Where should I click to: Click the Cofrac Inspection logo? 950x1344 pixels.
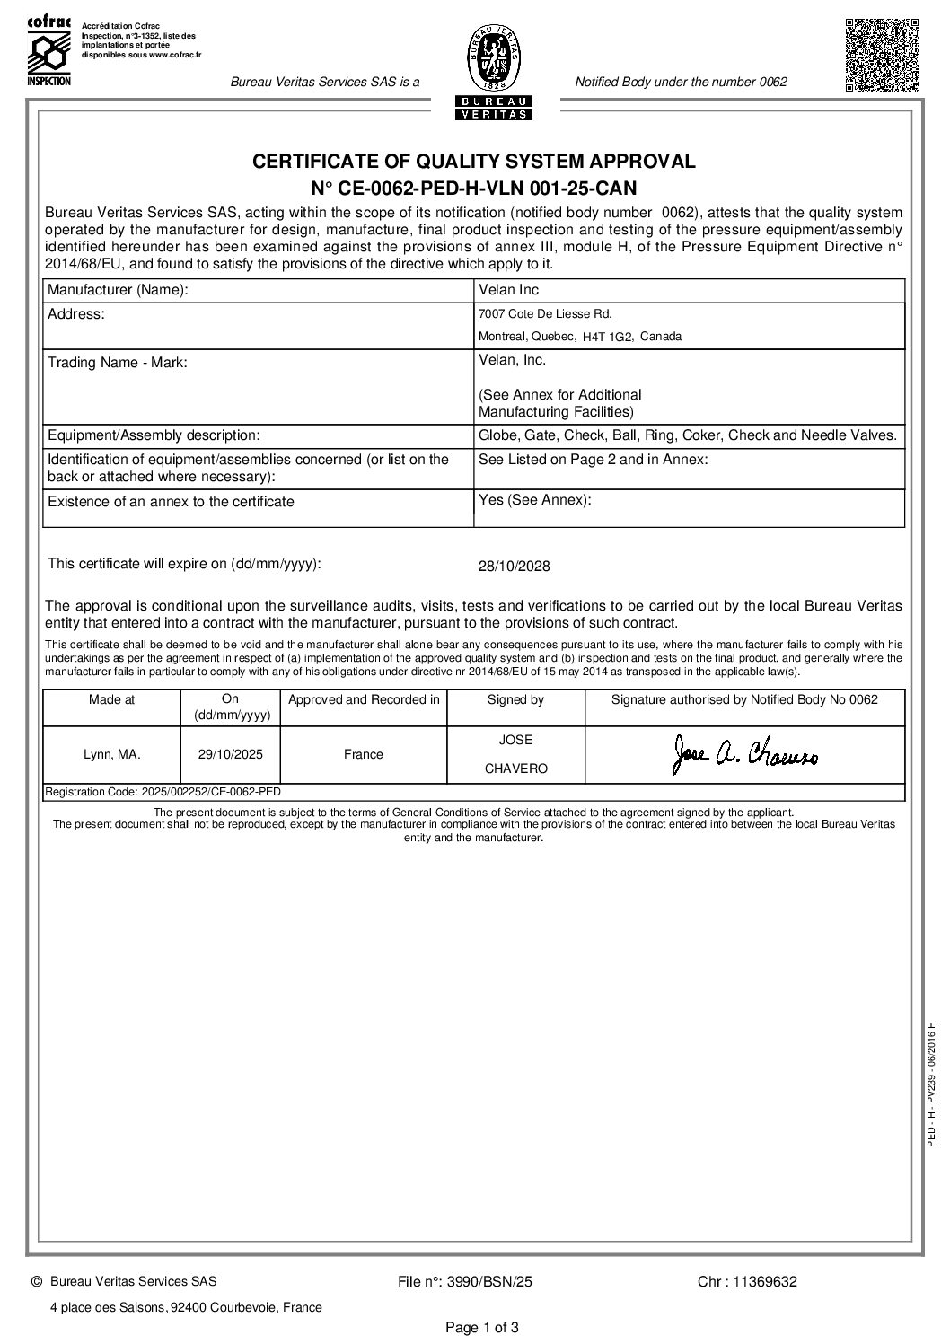click(48, 50)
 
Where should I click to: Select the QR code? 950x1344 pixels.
click(881, 54)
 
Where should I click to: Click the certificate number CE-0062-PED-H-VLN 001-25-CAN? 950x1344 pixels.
click(473, 188)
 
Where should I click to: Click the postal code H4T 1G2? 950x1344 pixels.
click(608, 337)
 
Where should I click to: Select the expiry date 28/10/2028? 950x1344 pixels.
click(514, 567)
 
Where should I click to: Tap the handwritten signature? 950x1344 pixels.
click(745, 754)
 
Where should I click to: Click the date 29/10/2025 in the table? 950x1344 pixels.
click(231, 754)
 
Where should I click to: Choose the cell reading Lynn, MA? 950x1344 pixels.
click(111, 754)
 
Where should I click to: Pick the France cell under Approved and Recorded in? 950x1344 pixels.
click(363, 754)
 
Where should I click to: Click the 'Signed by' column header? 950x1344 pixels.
click(515, 699)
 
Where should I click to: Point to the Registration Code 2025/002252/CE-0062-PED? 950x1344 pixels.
click(163, 792)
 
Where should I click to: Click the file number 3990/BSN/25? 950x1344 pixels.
click(464, 1282)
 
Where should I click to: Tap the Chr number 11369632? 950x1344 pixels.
click(747, 1282)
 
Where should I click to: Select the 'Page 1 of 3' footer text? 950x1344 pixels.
click(482, 1328)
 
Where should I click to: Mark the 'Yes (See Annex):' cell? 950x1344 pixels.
click(535, 500)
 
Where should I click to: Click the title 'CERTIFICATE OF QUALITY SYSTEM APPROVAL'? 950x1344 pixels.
click(473, 162)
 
